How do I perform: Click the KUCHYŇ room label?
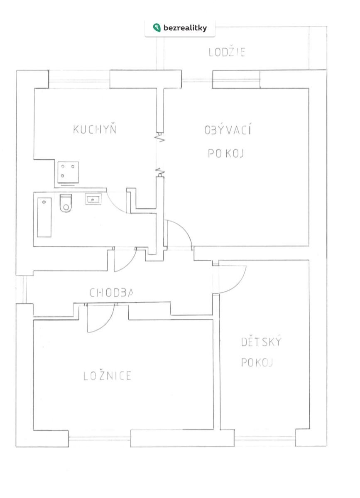(95, 129)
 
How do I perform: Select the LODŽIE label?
(227, 52)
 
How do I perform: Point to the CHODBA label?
(111, 293)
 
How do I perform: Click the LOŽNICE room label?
(108, 376)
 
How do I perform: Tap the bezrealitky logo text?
(185, 28)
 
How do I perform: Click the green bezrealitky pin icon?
(157, 27)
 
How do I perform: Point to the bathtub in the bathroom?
(44, 217)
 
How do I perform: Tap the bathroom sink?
(93, 199)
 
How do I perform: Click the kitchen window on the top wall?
(79, 79)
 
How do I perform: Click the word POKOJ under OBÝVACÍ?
(226, 154)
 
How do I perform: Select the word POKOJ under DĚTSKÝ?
(257, 362)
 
